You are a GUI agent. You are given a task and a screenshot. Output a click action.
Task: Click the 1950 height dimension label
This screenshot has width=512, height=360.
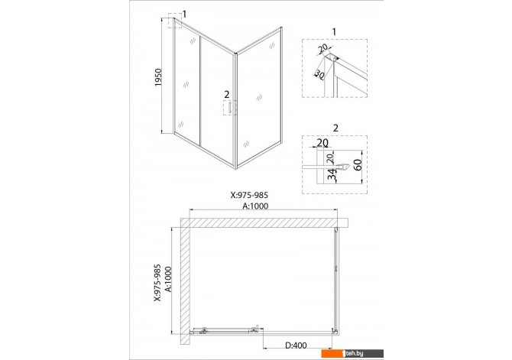pos(158,77)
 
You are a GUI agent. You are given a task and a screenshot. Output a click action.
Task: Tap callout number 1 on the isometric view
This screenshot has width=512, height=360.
pos(184,15)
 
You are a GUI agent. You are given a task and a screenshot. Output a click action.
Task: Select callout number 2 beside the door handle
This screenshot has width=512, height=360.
pos(227,95)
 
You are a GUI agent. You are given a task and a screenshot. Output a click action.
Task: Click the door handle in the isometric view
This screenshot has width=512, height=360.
pos(230,108)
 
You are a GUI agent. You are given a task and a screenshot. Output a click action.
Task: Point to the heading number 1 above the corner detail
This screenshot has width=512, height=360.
pos(334,31)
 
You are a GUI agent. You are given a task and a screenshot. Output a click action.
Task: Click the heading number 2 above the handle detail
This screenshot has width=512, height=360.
pos(335,128)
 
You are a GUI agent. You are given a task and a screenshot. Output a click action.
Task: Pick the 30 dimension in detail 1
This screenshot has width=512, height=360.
pos(319,75)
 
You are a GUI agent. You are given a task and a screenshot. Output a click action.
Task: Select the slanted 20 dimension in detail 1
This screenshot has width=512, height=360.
pos(323,48)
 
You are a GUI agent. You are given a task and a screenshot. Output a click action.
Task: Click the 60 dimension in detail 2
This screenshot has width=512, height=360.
pos(358,165)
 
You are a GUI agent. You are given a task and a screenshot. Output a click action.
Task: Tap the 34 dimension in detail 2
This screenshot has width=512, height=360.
pos(332,174)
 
